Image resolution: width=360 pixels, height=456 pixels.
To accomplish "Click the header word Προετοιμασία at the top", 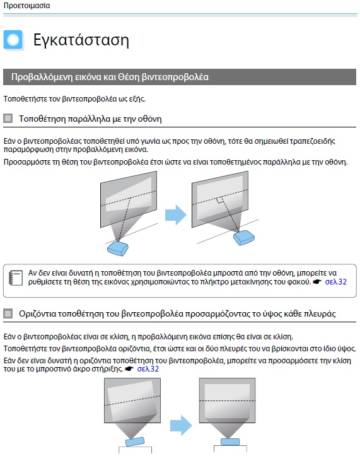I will pyautogui.click(x=26, y=5).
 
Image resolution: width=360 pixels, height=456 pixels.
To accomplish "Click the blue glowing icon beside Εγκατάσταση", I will pyautogui.click(x=13, y=40).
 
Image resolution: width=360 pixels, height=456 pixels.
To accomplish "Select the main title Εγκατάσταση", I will pyautogui.click(x=81, y=41).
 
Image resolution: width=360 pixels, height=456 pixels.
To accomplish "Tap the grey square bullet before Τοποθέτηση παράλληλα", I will pyautogui.click(x=8, y=118).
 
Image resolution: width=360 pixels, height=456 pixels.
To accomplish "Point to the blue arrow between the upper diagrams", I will pyautogui.click(x=176, y=215).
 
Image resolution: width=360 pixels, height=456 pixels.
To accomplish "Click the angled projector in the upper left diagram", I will pyautogui.click(x=118, y=248).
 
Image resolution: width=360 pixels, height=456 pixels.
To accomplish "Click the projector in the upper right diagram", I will pyautogui.click(x=245, y=238).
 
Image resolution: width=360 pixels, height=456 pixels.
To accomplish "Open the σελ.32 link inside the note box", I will pyautogui.click(x=335, y=282).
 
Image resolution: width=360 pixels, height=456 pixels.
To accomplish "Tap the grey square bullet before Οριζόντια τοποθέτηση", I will pyautogui.click(x=8, y=313).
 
